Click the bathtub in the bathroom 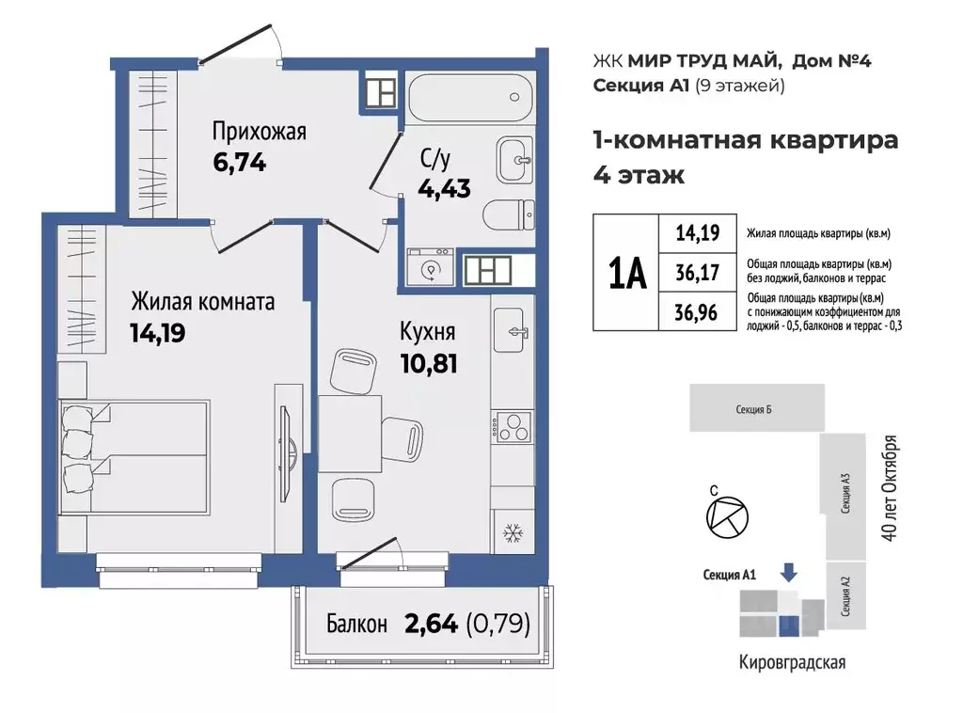click(470, 98)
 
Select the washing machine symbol click(430, 266)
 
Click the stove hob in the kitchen click(513, 426)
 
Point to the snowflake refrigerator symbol click(513, 533)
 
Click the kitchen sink click(509, 330)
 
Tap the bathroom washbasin click(514, 160)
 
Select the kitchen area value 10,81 click(429, 364)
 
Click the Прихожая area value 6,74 click(240, 163)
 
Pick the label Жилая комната click(203, 302)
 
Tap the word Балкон click(356, 624)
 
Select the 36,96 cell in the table click(697, 312)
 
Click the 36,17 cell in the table click(697, 272)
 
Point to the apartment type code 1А click(627, 273)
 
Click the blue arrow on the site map click(789, 572)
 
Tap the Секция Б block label click(753, 409)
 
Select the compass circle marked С click(727, 517)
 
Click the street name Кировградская click(792, 662)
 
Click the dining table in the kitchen click(350, 435)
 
